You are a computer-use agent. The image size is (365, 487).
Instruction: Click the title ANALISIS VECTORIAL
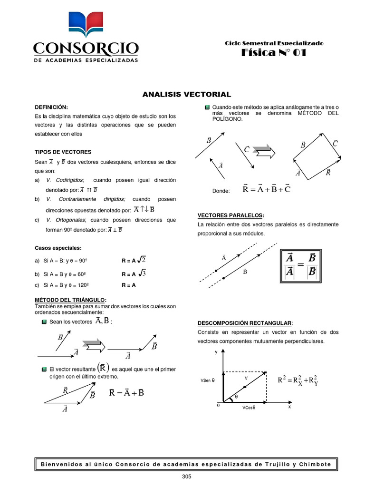(x=187, y=95)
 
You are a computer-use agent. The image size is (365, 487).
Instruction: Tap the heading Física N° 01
(x=274, y=53)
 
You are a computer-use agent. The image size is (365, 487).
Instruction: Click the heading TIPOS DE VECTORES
(x=63, y=152)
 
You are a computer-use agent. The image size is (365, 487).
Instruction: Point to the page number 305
(x=186, y=477)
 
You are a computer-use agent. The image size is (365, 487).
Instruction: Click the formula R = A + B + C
(x=266, y=190)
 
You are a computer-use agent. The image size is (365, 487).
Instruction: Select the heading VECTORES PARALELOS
(x=231, y=215)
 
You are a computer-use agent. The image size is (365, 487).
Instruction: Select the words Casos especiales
(x=58, y=248)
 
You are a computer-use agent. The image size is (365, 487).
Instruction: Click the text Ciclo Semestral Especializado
(x=274, y=43)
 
